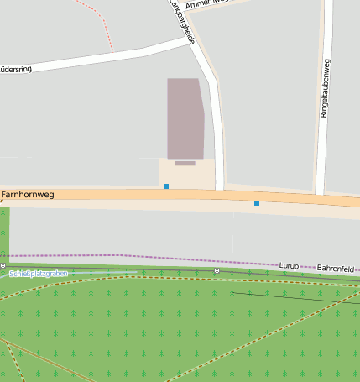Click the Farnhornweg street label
pyautogui.click(x=28, y=195)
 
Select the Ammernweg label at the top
pyautogui.click(x=206, y=4)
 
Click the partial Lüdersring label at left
pyautogui.click(x=16, y=69)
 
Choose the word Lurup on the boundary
pyautogui.click(x=289, y=265)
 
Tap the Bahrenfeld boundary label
pyautogui.click(x=335, y=268)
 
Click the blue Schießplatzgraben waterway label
pyautogui.click(x=37, y=274)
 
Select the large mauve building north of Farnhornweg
pyautogui.click(x=185, y=118)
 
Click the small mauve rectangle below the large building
pyautogui.click(x=185, y=163)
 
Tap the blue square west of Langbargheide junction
pyautogui.click(x=166, y=186)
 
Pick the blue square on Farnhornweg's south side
pyautogui.click(x=257, y=203)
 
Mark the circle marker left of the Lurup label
pyautogui.click(x=217, y=270)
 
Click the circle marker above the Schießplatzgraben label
pyautogui.click(x=3, y=265)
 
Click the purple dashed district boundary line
pyautogui.click(x=126, y=255)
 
